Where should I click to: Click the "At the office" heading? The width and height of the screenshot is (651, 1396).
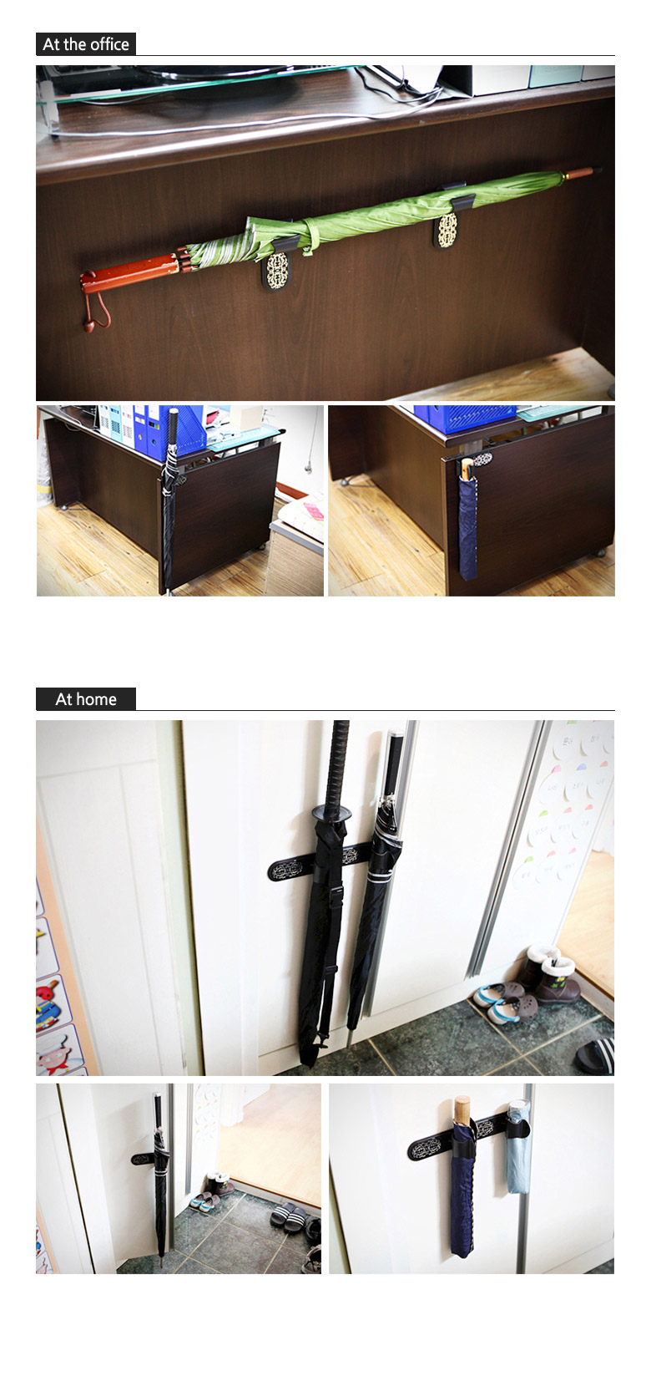pyautogui.click(x=86, y=44)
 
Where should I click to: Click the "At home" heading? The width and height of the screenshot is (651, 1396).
pyautogui.click(x=86, y=699)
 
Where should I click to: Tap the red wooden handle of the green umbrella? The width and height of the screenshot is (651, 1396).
pyautogui.click(x=131, y=272)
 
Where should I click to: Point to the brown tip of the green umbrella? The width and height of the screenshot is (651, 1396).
pyautogui.click(x=583, y=172)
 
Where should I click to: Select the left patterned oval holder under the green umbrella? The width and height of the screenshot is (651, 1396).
pyautogui.click(x=277, y=271)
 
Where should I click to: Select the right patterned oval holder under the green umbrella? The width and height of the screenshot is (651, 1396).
pyautogui.click(x=446, y=230)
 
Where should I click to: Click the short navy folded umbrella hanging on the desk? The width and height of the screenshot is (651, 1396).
pyautogui.click(x=467, y=519)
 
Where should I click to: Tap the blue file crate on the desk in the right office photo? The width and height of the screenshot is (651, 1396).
pyautogui.click(x=464, y=419)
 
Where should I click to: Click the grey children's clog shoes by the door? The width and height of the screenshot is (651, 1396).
pyautogui.click(x=506, y=1000)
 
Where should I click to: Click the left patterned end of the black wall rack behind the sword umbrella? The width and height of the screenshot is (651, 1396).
pyautogui.click(x=291, y=868)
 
